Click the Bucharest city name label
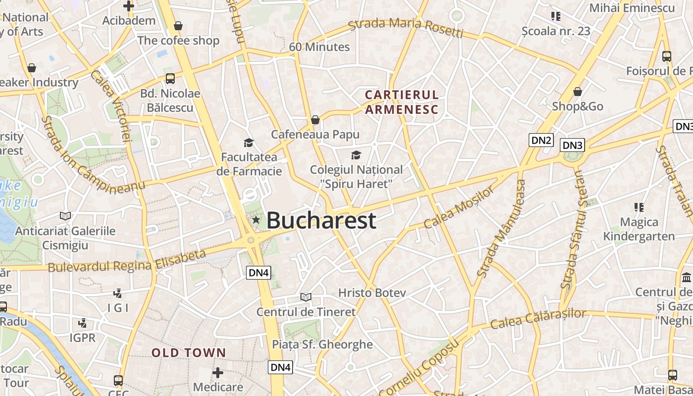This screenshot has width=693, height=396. pyautogui.click(x=321, y=221)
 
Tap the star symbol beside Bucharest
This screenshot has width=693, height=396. pyautogui.click(x=256, y=219)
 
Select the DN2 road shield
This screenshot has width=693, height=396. pyautogui.click(x=541, y=140)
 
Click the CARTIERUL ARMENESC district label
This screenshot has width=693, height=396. pyautogui.click(x=401, y=102)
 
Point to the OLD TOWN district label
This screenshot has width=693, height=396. pyautogui.click(x=189, y=353)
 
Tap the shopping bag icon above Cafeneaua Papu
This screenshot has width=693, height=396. pyautogui.click(x=315, y=120)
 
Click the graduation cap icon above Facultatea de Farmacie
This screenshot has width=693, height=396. pyautogui.click(x=248, y=143)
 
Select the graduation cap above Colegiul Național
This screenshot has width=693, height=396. pyautogui.click(x=356, y=155)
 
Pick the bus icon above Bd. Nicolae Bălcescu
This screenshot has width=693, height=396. pyautogui.click(x=170, y=78)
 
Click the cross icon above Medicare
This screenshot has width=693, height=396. pyautogui.click(x=218, y=372)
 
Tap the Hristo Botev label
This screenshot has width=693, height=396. pyautogui.click(x=372, y=293)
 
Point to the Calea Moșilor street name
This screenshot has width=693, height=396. pyautogui.click(x=459, y=207)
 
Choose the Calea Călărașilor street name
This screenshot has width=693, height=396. pyautogui.click(x=538, y=318)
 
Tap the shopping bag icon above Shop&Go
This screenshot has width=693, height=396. pyautogui.click(x=578, y=92)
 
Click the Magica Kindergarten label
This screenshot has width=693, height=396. pyautogui.click(x=639, y=229)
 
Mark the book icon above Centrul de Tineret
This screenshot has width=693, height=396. pyautogui.click(x=306, y=297)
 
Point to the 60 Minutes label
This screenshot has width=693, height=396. pyautogui.click(x=319, y=47)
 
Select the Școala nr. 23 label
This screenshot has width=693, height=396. pyautogui.click(x=556, y=31)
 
